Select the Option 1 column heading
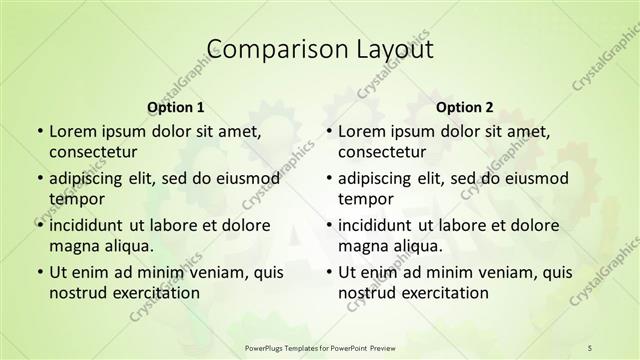176,107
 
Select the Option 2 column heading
465,107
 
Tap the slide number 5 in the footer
590,347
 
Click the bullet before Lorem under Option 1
39,131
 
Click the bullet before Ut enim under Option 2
328,272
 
